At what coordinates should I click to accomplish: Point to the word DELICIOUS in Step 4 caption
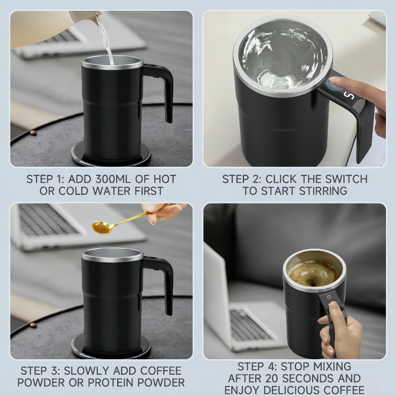coord(295,390)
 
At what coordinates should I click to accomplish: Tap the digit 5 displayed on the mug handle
coord(349,95)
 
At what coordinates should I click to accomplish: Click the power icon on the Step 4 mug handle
coord(329,297)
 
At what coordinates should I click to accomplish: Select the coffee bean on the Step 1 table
coord(33,133)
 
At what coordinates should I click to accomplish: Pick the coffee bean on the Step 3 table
coord(33,325)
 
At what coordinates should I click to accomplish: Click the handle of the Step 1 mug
coord(164,89)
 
